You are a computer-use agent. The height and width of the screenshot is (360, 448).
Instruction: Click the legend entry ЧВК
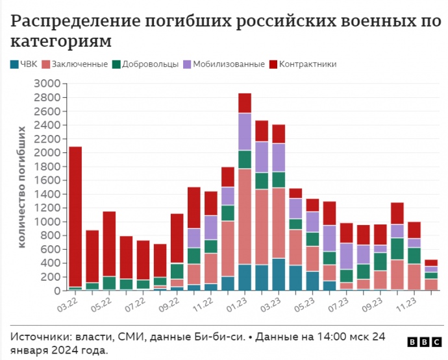coord(24,64)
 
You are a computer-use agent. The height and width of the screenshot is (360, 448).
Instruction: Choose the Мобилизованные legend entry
coord(223,64)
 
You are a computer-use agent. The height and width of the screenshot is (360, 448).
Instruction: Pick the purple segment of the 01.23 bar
coord(245,132)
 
